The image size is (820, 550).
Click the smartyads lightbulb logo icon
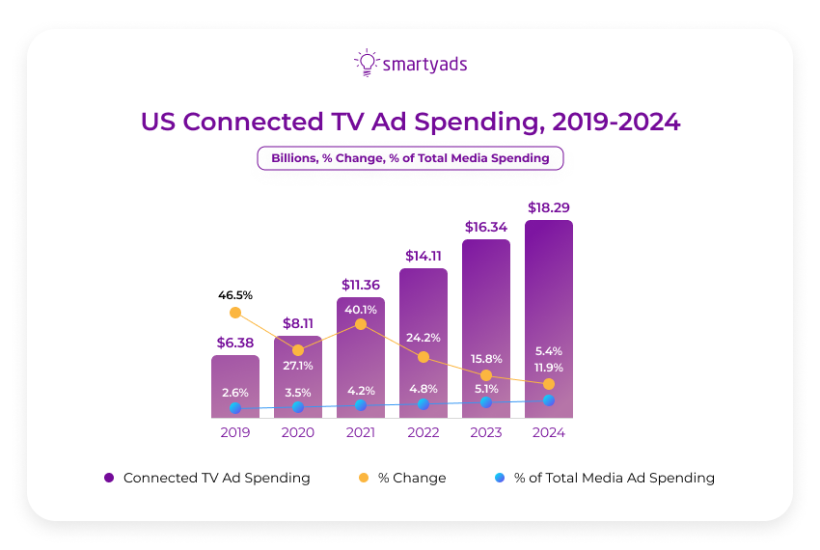click(366, 63)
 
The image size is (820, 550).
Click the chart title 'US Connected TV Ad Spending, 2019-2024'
click(410, 122)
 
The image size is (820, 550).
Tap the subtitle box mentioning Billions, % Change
click(410, 158)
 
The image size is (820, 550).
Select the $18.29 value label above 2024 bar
click(548, 207)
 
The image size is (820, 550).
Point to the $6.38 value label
click(235, 342)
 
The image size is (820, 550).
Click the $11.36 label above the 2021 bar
click(361, 285)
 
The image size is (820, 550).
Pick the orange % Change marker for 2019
click(235, 313)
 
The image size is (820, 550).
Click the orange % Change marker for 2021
click(361, 324)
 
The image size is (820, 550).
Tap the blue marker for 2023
click(486, 402)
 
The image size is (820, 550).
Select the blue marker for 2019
click(235, 408)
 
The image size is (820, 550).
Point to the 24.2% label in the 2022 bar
click(424, 338)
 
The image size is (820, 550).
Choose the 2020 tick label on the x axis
click(298, 433)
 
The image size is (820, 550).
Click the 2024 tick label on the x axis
click(548, 433)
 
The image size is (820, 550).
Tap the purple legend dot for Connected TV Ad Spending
click(109, 478)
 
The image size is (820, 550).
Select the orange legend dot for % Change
click(363, 478)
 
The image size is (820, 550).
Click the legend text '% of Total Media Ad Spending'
click(615, 478)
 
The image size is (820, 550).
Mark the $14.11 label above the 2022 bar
click(424, 256)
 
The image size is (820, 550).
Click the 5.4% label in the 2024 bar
click(548, 350)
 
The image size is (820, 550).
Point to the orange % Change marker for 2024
click(549, 384)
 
